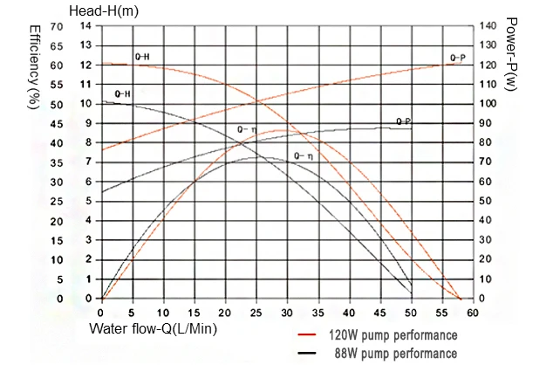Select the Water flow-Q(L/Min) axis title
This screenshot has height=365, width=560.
click(x=154, y=330)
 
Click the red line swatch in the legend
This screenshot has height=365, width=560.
click(x=307, y=334)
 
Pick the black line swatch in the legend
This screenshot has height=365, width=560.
click(x=307, y=353)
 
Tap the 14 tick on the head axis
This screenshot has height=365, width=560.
click(x=85, y=26)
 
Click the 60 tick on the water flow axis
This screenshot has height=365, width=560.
click(x=474, y=312)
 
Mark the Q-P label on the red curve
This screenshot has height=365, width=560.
click(x=457, y=58)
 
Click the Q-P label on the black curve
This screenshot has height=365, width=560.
click(x=403, y=121)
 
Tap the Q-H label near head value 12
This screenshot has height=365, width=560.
click(x=141, y=58)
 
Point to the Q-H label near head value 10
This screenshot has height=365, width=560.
click(x=122, y=93)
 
